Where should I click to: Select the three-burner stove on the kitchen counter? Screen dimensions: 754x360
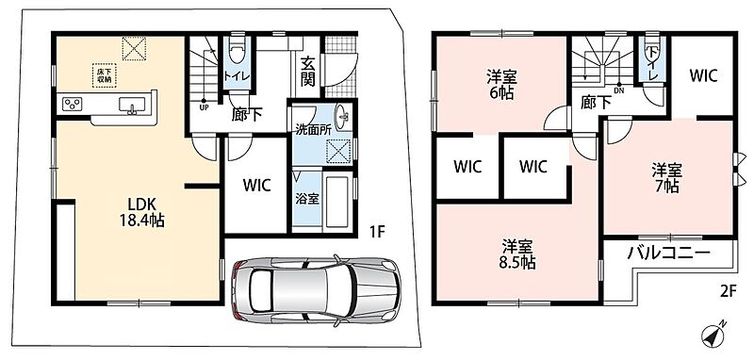(x=73, y=105)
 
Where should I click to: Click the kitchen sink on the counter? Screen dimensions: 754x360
(x=132, y=105)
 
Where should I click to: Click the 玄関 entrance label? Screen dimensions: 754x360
(x=308, y=73)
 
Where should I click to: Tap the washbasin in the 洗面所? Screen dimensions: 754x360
(x=342, y=116)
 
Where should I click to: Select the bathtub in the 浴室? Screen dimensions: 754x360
(x=336, y=203)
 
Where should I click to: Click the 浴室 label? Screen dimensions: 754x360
(x=307, y=199)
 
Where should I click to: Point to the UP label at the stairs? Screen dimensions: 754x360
(x=205, y=107)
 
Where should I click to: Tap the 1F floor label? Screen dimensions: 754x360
(x=378, y=233)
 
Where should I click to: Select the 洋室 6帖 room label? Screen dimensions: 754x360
(x=500, y=84)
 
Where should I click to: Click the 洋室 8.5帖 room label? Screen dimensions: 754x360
(x=517, y=254)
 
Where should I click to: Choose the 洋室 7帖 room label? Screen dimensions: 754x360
(x=666, y=177)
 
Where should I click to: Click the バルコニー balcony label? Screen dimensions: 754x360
(x=668, y=253)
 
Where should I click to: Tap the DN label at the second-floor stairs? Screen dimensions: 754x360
(x=618, y=89)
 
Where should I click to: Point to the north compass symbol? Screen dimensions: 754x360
(x=713, y=334)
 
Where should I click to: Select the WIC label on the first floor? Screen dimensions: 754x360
(x=256, y=184)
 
